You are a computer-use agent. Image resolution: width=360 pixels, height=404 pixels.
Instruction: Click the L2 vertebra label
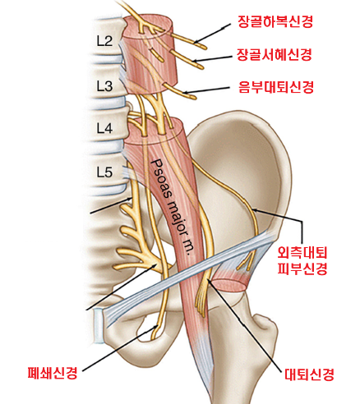point(104,41)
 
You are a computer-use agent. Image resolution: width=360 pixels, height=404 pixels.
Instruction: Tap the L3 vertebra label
point(104,86)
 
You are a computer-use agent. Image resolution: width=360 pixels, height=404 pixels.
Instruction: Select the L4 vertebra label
point(104,128)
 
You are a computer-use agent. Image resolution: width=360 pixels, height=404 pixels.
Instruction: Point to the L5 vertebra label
point(104,172)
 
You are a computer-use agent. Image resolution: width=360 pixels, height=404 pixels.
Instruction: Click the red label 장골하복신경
point(275,22)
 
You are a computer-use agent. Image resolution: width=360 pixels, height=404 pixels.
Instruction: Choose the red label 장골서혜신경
point(275,54)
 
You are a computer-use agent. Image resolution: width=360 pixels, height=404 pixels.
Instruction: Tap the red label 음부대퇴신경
point(276,87)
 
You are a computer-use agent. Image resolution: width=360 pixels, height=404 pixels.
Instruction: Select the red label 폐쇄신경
point(53,373)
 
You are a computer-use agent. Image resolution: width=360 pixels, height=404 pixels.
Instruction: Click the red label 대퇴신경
point(309,374)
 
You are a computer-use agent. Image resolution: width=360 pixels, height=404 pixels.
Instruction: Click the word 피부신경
point(302,269)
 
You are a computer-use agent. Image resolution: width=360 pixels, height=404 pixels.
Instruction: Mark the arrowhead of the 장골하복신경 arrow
point(195,43)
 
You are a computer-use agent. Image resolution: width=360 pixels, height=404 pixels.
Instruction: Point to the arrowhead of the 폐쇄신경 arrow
point(157,326)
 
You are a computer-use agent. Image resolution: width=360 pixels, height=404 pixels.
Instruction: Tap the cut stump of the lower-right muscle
point(228,286)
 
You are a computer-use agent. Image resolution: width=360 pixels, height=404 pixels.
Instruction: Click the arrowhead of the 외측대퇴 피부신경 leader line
point(253,210)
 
